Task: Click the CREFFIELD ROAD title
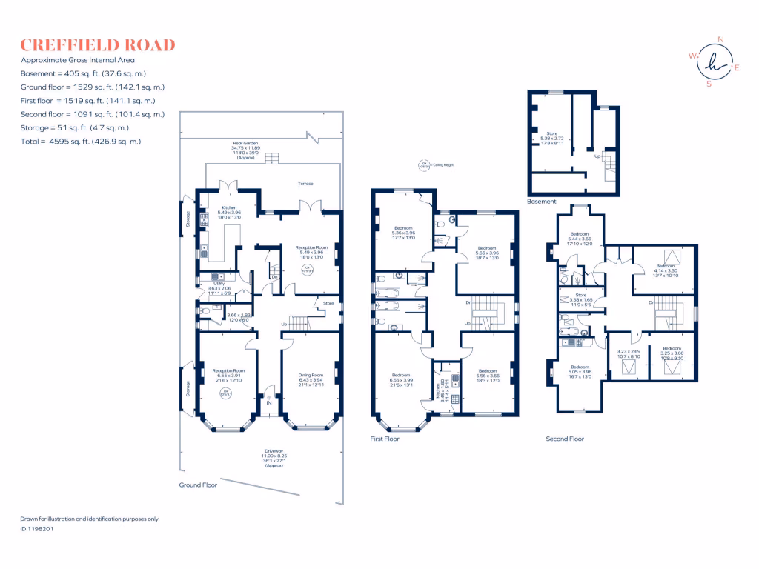pyautogui.click(x=98, y=45)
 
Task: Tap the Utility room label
pyautogui.click(x=219, y=283)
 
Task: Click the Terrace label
pyautogui.click(x=305, y=184)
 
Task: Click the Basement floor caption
pyautogui.click(x=541, y=202)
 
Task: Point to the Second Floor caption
pyautogui.click(x=565, y=439)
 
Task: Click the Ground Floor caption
pyautogui.click(x=198, y=485)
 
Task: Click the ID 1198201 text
pyautogui.click(x=36, y=529)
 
